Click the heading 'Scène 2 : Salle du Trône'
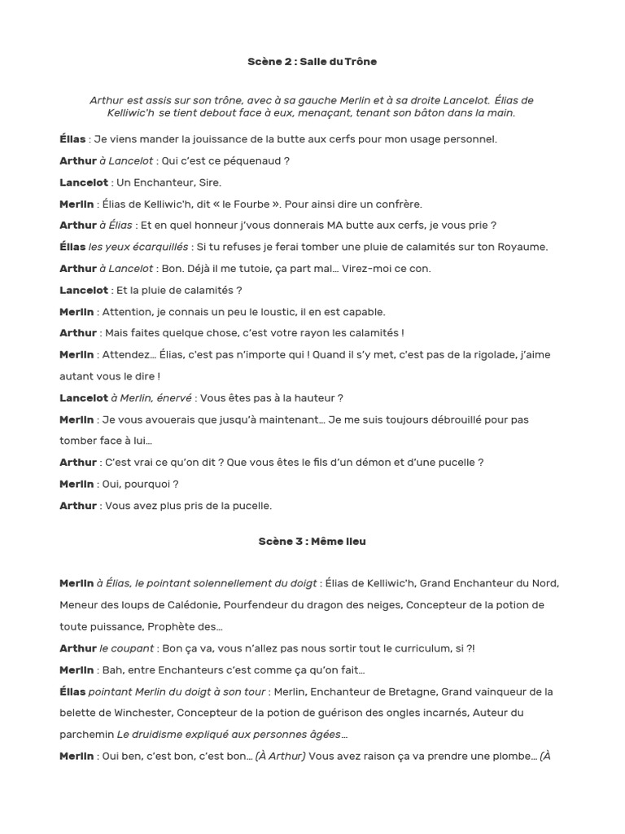point(312,62)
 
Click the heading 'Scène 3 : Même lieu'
point(312,542)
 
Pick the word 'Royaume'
point(517,248)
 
